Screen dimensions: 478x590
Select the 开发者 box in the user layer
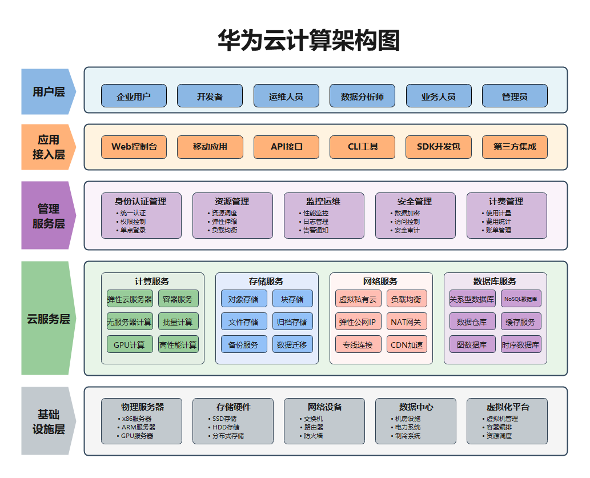point(210,96)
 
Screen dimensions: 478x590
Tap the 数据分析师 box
point(362,96)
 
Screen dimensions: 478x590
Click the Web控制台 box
point(134,147)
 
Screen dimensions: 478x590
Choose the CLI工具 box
point(362,147)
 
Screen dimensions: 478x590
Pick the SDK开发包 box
point(439,147)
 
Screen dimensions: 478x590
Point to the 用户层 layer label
point(49,91)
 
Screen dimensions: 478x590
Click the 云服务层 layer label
point(49,319)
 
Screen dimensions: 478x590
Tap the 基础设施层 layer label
point(49,421)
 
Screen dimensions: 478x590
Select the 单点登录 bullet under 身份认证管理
point(133,230)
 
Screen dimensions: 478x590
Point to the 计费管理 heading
point(506,201)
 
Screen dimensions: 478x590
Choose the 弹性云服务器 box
point(130,299)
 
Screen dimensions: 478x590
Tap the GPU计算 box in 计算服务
point(130,344)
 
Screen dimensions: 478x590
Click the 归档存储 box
point(292,322)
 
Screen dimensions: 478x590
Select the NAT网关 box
point(407,322)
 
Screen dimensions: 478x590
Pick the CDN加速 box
point(407,344)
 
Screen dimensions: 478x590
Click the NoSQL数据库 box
point(521,299)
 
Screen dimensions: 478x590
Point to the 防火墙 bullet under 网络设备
point(313,436)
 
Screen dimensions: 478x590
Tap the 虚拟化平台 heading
point(508,407)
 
